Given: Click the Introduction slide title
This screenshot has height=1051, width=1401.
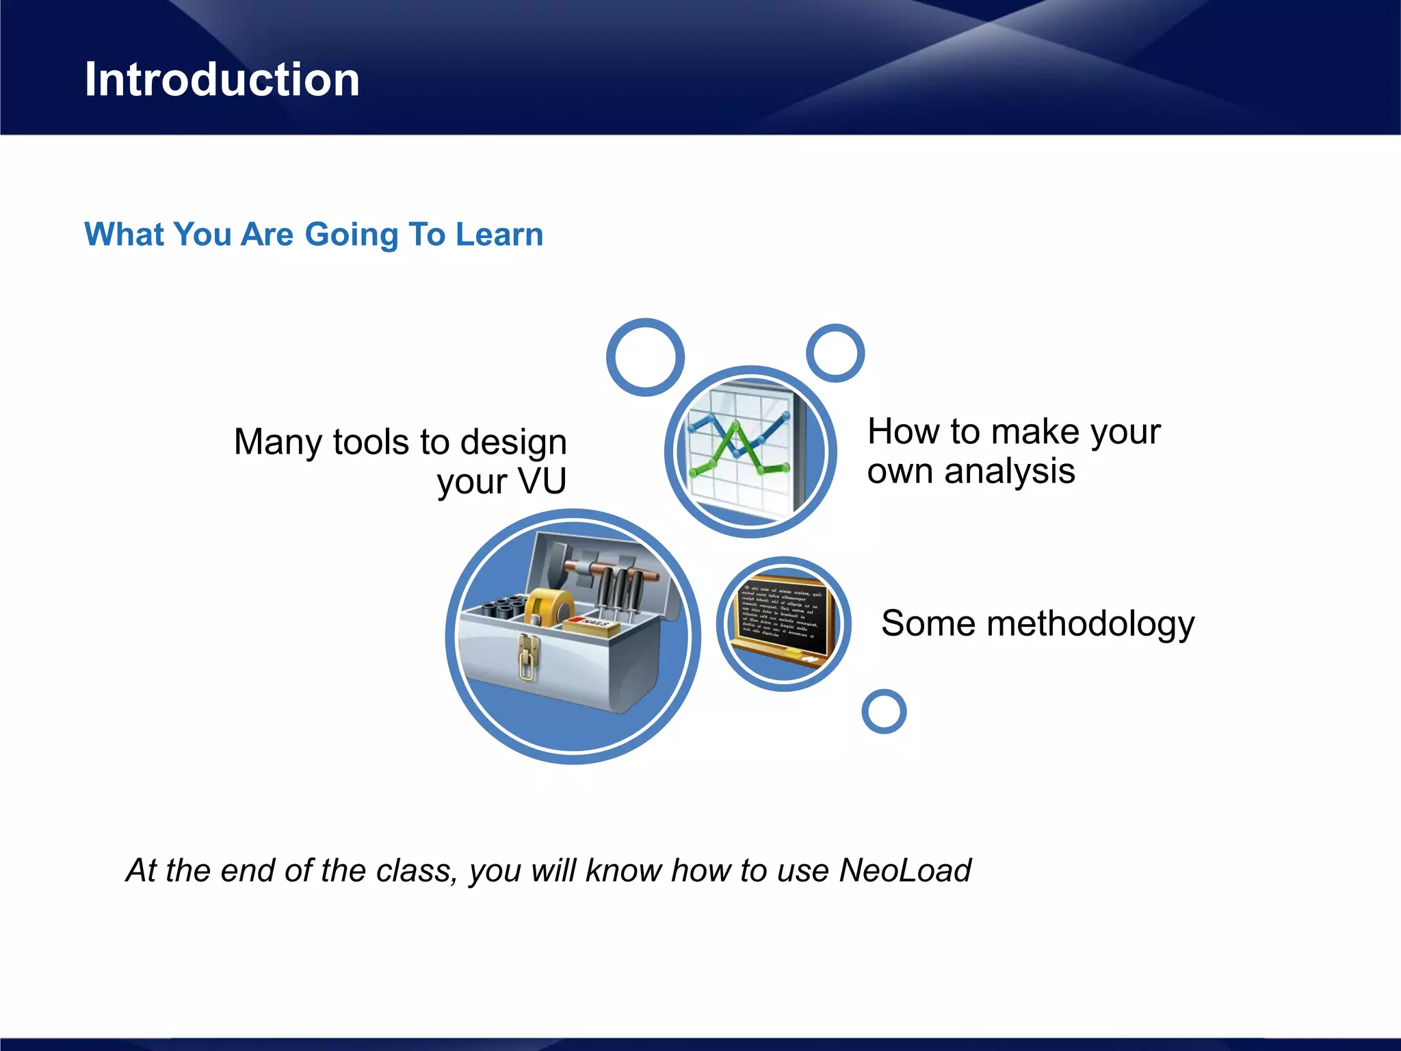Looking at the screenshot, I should click(x=222, y=80).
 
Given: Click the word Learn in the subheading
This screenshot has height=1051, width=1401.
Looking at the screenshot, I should click(x=499, y=235).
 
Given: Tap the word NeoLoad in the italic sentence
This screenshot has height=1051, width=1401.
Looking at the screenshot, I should click(x=904, y=870).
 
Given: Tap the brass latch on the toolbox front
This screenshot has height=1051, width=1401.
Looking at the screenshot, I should click(x=527, y=657).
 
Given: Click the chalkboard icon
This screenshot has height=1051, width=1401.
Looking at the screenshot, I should click(x=784, y=623).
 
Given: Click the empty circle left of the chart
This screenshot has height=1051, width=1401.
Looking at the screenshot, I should click(x=645, y=357).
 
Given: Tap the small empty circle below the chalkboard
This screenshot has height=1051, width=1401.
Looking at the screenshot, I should click(x=884, y=712).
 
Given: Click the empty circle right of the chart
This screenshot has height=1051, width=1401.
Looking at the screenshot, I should click(x=835, y=353).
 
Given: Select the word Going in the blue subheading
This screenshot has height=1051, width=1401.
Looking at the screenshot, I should click(x=351, y=235).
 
